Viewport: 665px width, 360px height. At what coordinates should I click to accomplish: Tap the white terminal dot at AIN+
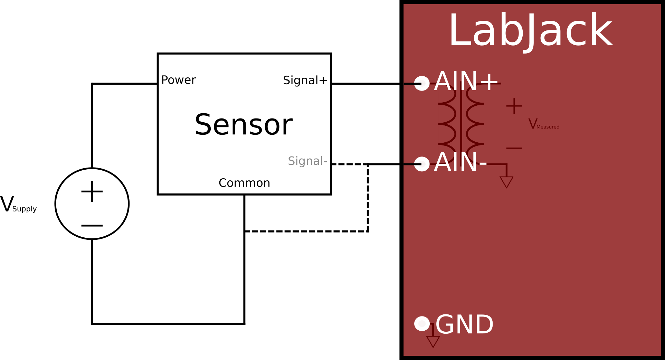click(422, 83)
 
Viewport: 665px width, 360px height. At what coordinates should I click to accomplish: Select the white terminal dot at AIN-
click(422, 164)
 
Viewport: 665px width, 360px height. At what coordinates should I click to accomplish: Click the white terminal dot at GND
click(422, 324)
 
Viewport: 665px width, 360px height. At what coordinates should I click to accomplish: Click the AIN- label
click(460, 162)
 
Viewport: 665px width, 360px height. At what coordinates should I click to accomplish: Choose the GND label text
click(464, 325)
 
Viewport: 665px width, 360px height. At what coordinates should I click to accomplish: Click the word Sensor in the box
click(244, 125)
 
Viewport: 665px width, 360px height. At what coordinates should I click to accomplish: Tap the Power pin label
click(178, 80)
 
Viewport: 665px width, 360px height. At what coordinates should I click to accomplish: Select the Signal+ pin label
click(305, 80)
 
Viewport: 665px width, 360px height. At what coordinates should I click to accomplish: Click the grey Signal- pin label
click(307, 161)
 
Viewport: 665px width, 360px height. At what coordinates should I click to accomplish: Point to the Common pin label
click(244, 183)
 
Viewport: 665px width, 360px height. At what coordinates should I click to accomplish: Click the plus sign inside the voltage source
click(92, 191)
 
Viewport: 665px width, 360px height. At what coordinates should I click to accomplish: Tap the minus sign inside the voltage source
click(92, 226)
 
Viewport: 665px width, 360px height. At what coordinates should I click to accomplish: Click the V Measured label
click(543, 124)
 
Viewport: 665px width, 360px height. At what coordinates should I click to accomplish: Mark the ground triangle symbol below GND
click(433, 341)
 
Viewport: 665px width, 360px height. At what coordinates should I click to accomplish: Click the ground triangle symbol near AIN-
click(506, 182)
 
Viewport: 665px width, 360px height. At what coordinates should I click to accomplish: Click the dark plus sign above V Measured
click(514, 106)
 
